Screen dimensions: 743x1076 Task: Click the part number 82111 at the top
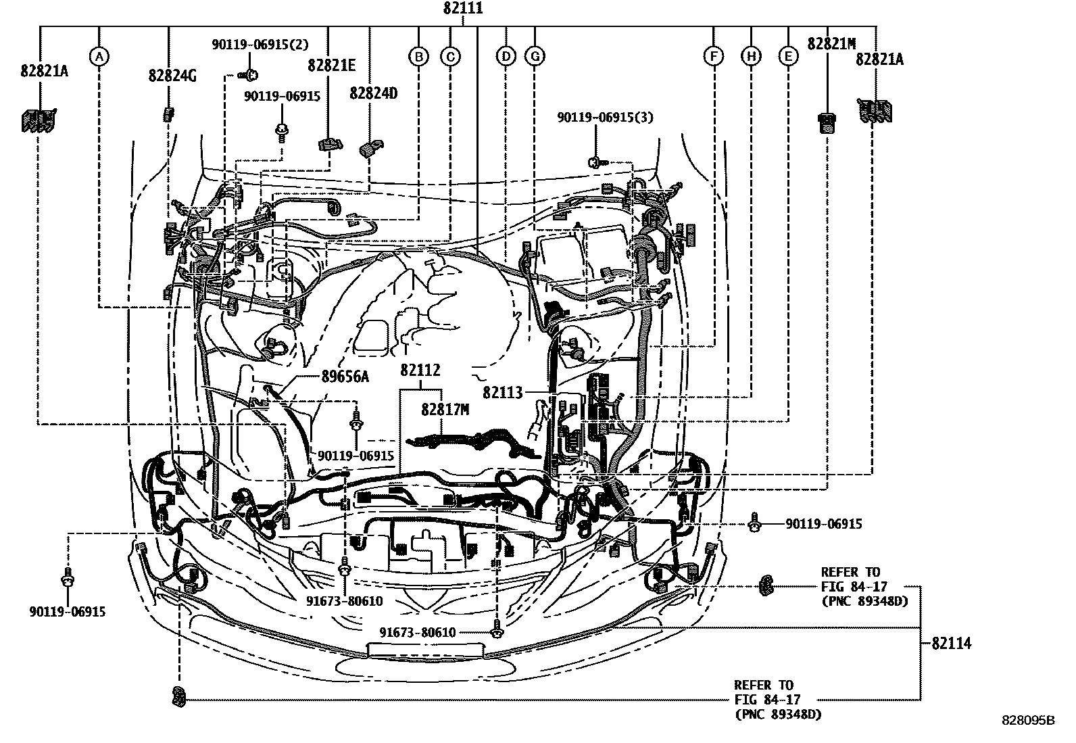(x=463, y=9)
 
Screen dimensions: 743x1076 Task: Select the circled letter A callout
(x=99, y=57)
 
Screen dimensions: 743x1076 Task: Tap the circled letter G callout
(x=535, y=57)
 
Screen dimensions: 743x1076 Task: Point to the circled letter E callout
(x=788, y=57)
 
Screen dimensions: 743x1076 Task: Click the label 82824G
(x=172, y=76)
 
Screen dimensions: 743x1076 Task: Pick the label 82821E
(x=331, y=66)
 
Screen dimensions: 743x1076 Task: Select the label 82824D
(x=373, y=93)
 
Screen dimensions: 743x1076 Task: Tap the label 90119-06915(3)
(x=605, y=117)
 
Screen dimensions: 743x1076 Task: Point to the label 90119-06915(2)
(x=260, y=45)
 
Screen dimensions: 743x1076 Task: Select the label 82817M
(x=445, y=410)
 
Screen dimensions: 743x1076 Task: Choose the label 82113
(x=503, y=392)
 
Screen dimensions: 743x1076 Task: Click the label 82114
(x=951, y=643)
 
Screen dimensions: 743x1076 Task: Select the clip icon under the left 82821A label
(x=37, y=120)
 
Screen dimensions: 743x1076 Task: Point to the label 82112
(x=420, y=370)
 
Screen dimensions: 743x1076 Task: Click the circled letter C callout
(x=450, y=57)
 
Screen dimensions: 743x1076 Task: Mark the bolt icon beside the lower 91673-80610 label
(x=497, y=632)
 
